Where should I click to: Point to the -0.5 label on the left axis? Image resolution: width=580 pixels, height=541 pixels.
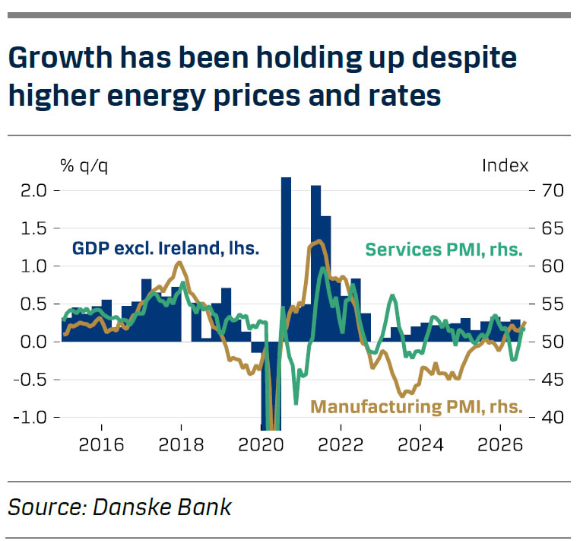pyautogui.click(x=30, y=380)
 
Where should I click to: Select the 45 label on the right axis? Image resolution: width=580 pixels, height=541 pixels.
pyautogui.click(x=553, y=380)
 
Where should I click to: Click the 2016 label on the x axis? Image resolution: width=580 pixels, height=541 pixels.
pyautogui.click(x=101, y=444)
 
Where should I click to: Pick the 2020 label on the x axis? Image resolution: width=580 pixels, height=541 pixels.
pyautogui.click(x=261, y=444)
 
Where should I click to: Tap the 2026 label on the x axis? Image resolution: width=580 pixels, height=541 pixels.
pyautogui.click(x=500, y=444)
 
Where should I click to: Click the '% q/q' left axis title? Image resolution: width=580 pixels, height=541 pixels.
pyautogui.click(x=84, y=166)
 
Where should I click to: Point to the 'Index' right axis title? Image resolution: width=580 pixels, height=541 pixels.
pyautogui.click(x=506, y=166)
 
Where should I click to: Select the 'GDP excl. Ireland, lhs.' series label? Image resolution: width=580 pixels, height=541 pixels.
pyautogui.click(x=166, y=248)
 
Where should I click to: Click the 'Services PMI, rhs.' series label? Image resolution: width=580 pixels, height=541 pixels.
pyautogui.click(x=444, y=250)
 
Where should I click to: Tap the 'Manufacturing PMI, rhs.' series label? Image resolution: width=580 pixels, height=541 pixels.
pyautogui.click(x=417, y=407)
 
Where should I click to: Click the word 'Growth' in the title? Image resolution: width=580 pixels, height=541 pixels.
pyautogui.click(x=60, y=58)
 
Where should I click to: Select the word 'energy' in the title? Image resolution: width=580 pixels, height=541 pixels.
pyautogui.click(x=156, y=96)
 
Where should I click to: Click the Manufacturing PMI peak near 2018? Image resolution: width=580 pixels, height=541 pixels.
pyautogui.click(x=179, y=263)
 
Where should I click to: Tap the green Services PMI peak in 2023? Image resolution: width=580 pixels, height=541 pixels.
pyautogui.click(x=392, y=295)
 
